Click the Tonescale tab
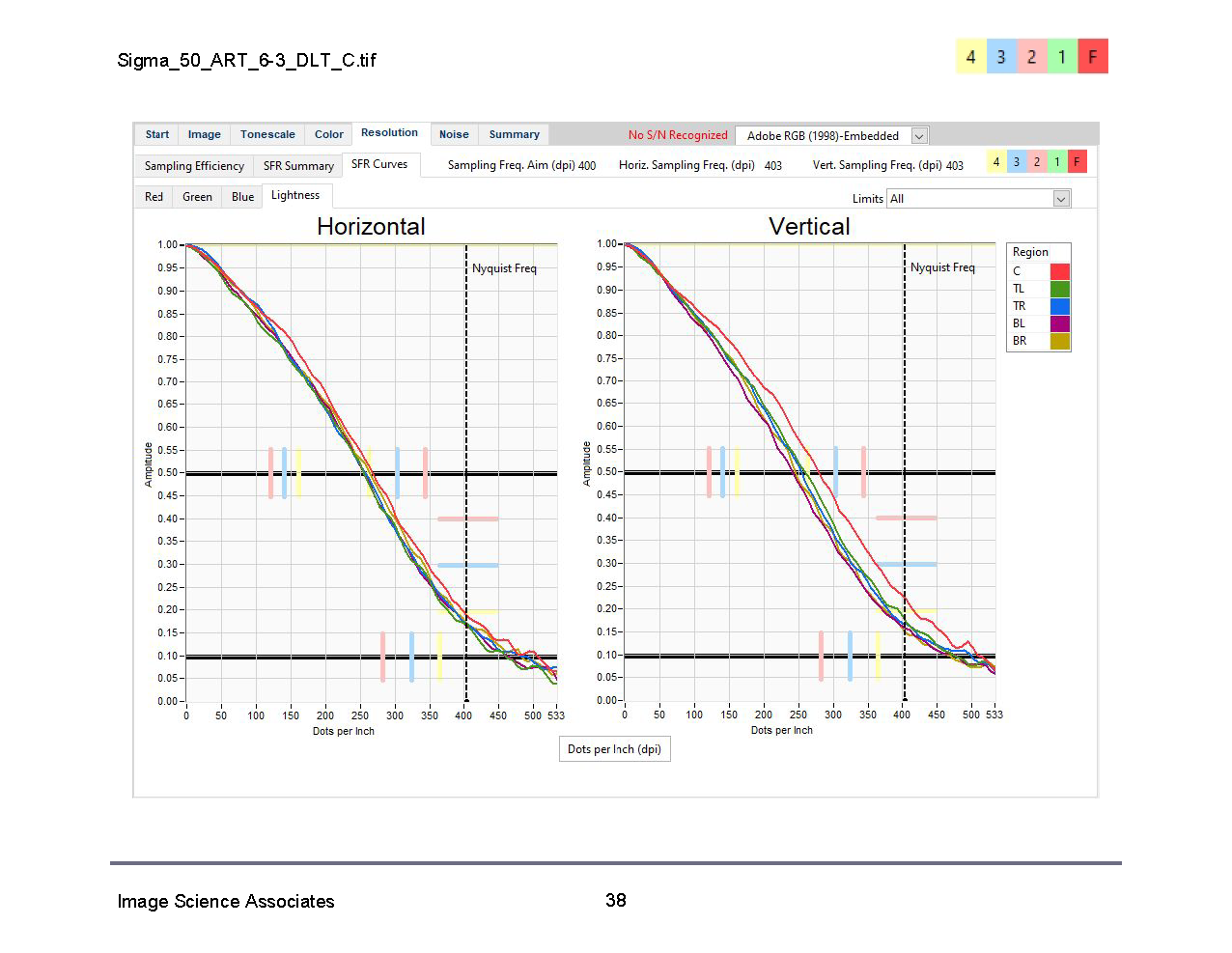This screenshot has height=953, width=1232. click(267, 135)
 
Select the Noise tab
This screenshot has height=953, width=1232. click(454, 135)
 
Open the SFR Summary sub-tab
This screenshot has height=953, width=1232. click(298, 166)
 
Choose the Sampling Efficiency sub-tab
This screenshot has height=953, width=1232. click(194, 166)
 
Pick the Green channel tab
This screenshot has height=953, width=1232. click(197, 197)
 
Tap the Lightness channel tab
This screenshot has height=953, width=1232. click(295, 195)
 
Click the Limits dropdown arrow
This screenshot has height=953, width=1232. click(1061, 199)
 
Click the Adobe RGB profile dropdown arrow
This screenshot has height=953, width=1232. click(919, 136)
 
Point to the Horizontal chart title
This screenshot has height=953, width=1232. click(371, 227)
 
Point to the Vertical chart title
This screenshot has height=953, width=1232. click(809, 227)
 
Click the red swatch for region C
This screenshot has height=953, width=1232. click(1059, 271)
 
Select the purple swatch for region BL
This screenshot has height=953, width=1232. click(1059, 323)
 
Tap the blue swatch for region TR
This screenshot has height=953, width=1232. click(1059, 306)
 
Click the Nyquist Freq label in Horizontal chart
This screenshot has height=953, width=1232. click(504, 268)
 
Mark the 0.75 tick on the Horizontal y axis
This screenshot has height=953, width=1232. click(168, 359)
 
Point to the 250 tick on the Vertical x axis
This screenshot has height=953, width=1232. click(798, 715)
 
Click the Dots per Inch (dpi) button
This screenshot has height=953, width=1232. click(614, 749)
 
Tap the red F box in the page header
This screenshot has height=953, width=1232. click(1092, 57)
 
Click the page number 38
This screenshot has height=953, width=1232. click(616, 900)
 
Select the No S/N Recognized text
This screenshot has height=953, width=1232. click(678, 135)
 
